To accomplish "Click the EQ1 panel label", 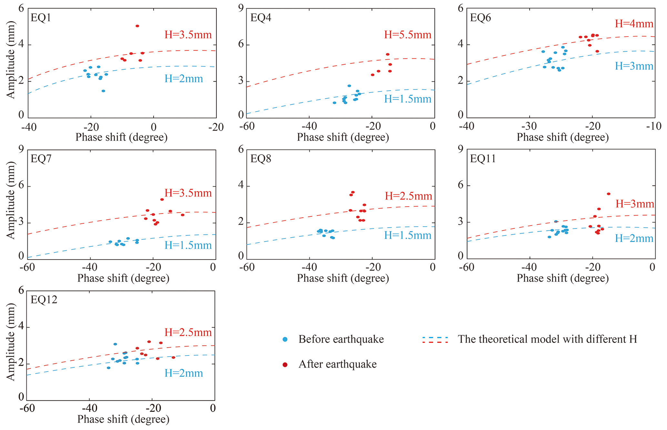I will click(x=41, y=17).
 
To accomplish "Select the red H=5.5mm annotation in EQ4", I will click(x=407, y=35).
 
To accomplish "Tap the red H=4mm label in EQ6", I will click(x=634, y=24).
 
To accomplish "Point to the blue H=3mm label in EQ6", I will click(x=634, y=66).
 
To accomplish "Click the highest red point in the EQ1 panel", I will click(x=137, y=26).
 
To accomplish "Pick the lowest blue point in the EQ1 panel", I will click(x=103, y=91).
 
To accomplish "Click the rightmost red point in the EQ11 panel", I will click(x=608, y=194).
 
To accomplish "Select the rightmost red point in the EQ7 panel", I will click(x=182, y=215).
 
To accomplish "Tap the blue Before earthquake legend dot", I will click(x=285, y=339).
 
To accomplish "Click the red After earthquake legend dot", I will click(x=285, y=365).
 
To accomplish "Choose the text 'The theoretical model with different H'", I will click(x=547, y=339).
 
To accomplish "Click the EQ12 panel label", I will click(x=44, y=300).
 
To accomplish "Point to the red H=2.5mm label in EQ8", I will click(x=408, y=196).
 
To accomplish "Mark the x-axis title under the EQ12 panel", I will click(x=123, y=419).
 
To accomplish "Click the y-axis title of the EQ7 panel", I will click(x=11, y=200).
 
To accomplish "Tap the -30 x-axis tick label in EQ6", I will click(x=529, y=126).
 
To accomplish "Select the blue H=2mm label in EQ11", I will click(x=634, y=239).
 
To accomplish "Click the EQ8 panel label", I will click(x=261, y=159).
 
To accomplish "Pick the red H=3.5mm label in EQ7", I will click(x=188, y=193).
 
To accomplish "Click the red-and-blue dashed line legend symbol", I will click(x=435, y=340).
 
